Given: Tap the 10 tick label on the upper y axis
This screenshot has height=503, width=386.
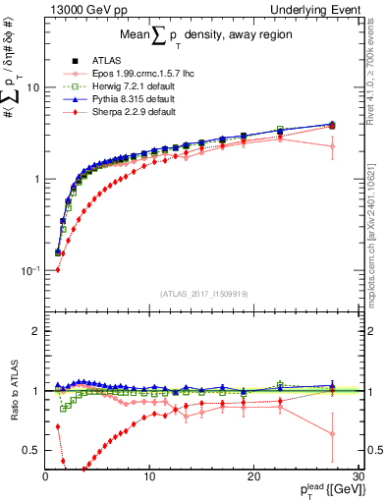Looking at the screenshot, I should [32, 87].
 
